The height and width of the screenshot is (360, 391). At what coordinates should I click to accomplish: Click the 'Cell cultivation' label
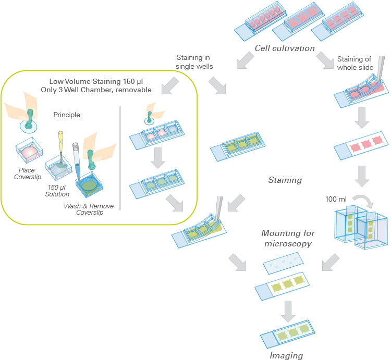[285, 48]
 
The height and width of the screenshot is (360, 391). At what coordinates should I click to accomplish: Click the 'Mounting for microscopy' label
[286, 238]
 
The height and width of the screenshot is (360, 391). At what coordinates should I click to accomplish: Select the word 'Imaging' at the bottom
[286, 355]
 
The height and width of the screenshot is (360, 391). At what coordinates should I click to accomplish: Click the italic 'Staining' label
[285, 180]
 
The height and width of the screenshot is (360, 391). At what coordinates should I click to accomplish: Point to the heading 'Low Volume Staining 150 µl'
[96, 81]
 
